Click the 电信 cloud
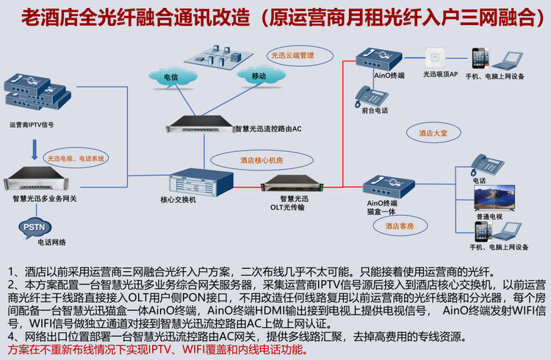click(170, 76)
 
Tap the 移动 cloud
click(258, 76)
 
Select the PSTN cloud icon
click(34, 228)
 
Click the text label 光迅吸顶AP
click(440, 75)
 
